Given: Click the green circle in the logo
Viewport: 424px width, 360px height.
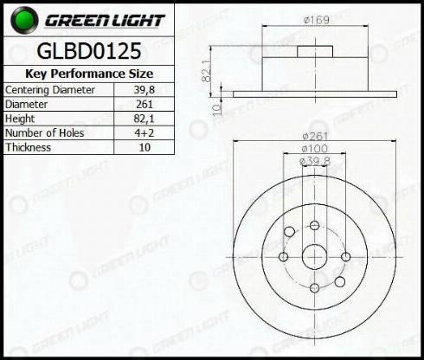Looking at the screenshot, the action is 24,20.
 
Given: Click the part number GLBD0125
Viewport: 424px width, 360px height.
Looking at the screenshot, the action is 89,51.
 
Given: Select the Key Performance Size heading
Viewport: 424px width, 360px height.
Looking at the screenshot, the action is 89,74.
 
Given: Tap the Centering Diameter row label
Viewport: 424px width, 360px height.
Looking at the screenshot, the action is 50,90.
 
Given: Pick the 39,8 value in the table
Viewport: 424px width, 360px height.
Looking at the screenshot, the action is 145,90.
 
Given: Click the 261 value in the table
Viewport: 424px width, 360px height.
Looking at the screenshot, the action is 145,104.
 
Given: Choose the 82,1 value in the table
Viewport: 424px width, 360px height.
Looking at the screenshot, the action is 145,119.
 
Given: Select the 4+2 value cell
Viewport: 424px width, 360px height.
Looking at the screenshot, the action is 145,133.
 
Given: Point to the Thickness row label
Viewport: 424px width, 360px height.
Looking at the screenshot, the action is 29,147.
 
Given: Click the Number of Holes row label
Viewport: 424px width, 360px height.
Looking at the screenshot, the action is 45,133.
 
